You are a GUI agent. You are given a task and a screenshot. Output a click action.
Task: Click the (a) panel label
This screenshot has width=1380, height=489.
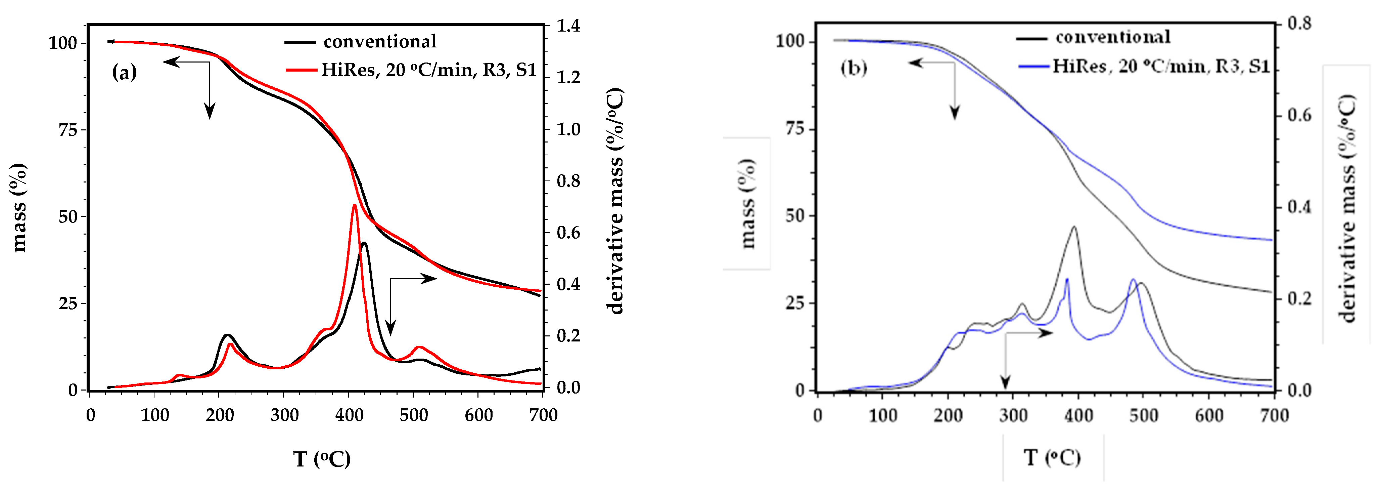124,72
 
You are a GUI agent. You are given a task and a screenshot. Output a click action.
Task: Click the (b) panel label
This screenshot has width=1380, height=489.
854,68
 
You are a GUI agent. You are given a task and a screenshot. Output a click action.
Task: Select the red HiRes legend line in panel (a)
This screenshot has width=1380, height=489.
301,70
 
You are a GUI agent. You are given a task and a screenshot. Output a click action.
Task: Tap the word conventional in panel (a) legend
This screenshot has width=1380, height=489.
379,41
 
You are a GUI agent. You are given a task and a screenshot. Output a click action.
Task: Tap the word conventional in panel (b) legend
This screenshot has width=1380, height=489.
1113,37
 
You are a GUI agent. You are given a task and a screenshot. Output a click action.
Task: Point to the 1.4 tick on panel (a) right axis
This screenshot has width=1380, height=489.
568,26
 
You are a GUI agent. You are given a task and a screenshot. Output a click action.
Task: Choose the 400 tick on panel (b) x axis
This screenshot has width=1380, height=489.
1078,415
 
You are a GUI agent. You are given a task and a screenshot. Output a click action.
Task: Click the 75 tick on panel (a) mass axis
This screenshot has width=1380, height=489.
68,130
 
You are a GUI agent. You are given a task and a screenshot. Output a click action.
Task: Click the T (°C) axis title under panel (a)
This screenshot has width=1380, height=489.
322,459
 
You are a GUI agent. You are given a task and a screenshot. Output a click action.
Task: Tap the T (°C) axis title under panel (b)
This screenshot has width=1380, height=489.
1052,457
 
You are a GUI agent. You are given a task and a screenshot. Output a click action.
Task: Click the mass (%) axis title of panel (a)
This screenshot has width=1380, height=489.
19,207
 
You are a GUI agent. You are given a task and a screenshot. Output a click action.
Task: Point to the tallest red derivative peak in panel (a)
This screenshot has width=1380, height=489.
355,205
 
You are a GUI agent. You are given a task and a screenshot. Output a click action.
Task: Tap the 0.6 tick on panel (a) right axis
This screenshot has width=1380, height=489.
568,233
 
